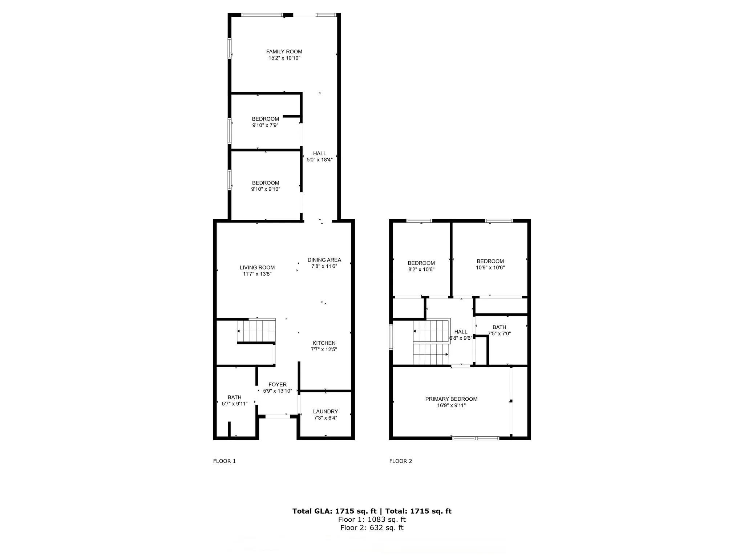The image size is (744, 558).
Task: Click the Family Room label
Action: pyautogui.click(x=284, y=52)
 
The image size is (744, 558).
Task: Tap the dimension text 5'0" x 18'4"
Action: pyautogui.click(x=320, y=159)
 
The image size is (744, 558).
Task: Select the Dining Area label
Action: pyautogui.click(x=324, y=260)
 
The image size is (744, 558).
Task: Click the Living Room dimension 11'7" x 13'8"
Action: pyautogui.click(x=257, y=274)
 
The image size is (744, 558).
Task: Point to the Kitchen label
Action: pyautogui.click(x=324, y=343)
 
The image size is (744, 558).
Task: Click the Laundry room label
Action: pyautogui.click(x=325, y=411)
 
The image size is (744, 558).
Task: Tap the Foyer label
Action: pyautogui.click(x=278, y=384)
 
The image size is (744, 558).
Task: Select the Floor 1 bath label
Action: pyautogui.click(x=234, y=397)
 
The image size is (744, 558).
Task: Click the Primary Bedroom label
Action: pyautogui.click(x=451, y=399)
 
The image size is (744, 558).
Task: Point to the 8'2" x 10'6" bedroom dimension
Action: pyautogui.click(x=421, y=270)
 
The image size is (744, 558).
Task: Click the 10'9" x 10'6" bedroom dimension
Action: pyautogui.click(x=490, y=267)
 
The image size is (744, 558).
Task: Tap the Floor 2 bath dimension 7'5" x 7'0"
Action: pyautogui.click(x=499, y=333)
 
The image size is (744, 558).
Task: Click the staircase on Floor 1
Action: pyautogui.click(x=256, y=331)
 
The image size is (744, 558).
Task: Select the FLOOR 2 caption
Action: pyautogui.click(x=400, y=461)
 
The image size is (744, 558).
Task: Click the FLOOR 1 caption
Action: pyautogui.click(x=224, y=461)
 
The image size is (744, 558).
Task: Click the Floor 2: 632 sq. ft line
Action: pyautogui.click(x=372, y=528)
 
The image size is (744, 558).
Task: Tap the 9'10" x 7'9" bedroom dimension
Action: pyautogui.click(x=265, y=125)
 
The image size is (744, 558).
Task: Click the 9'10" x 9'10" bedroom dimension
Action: pyautogui.click(x=266, y=189)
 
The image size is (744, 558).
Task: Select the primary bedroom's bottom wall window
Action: pyautogui.click(x=476, y=438)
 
